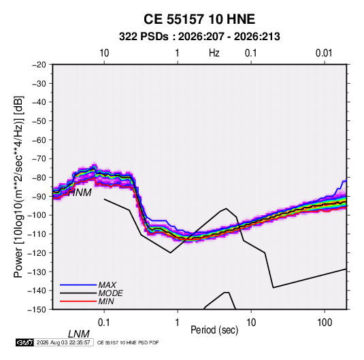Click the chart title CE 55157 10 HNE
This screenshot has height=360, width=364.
click(x=199, y=19)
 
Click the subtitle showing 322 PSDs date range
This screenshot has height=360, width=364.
click(x=199, y=37)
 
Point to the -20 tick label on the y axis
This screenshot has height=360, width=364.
click(x=39, y=65)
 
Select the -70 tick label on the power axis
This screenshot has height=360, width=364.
click(x=39, y=159)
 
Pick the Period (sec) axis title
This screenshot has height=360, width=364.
click(x=214, y=330)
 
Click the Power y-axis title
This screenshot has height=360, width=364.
click(x=18, y=187)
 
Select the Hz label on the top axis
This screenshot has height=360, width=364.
click(x=214, y=53)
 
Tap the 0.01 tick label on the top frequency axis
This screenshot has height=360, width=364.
click(x=324, y=53)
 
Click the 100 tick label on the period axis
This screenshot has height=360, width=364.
click(x=325, y=323)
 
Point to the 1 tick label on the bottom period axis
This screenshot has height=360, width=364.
click(x=178, y=323)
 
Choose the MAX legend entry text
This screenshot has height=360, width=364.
click(x=107, y=284)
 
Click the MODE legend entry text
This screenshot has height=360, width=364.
click(x=110, y=293)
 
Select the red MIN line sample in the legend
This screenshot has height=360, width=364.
click(x=78, y=301)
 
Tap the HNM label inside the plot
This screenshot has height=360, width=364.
click(x=80, y=193)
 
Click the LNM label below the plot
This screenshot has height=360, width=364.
click(x=78, y=334)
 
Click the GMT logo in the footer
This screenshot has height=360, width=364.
click(x=24, y=342)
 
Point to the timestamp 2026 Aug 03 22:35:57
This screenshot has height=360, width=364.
click(x=63, y=342)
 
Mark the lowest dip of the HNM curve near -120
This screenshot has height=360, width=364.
click(x=170, y=252)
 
